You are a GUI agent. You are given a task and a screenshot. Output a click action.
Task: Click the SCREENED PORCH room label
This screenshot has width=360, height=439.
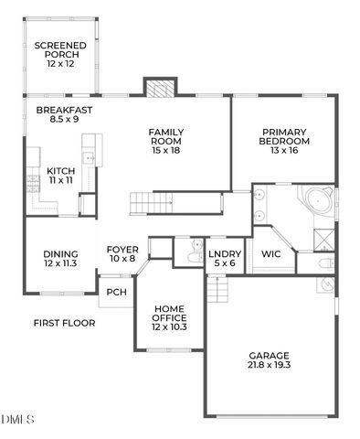click(60, 51)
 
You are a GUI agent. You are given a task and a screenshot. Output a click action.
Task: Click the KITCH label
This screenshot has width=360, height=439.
click(60, 176)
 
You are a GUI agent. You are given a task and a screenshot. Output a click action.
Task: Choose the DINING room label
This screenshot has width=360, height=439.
click(60, 259)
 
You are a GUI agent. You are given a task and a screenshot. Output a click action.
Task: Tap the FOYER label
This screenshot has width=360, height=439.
click(122, 253)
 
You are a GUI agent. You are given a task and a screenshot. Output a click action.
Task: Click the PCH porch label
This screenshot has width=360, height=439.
click(116, 293)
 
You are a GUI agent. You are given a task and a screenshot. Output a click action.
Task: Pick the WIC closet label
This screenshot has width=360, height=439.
click(271, 253)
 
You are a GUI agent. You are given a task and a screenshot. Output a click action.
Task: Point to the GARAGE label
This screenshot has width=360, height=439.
click(269, 360)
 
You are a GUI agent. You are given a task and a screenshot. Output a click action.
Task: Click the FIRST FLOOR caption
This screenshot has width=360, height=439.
click(64, 322)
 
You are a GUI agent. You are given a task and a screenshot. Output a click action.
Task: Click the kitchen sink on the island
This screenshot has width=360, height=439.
click(90, 158)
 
